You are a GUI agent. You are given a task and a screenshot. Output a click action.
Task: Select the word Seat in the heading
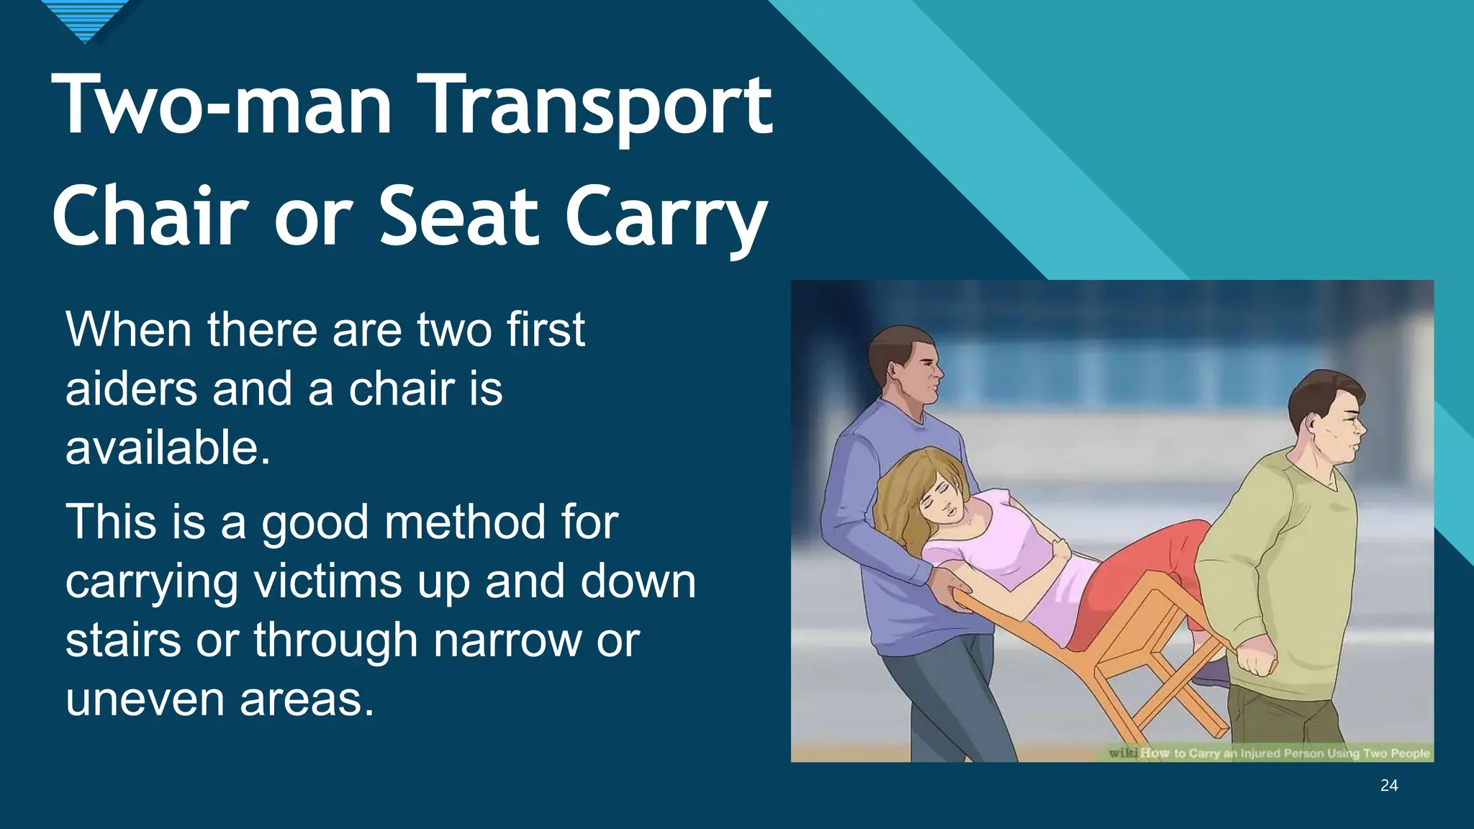click(x=459, y=216)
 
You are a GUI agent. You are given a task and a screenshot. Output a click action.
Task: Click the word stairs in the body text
click(x=123, y=640)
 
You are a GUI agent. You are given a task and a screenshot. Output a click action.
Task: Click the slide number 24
click(x=1389, y=786)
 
